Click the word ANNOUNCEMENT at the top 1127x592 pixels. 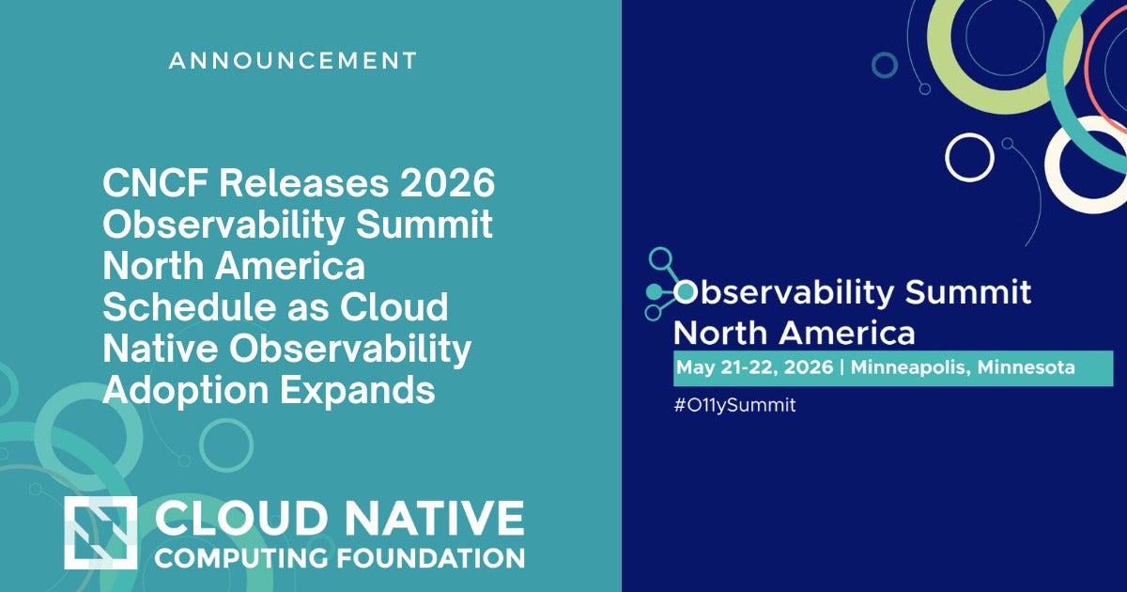tap(293, 61)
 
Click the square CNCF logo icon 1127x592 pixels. tap(100, 533)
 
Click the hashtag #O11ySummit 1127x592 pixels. tap(734, 406)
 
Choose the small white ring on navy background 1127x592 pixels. tap(969, 157)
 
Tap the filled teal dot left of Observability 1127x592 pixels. tap(686, 292)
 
